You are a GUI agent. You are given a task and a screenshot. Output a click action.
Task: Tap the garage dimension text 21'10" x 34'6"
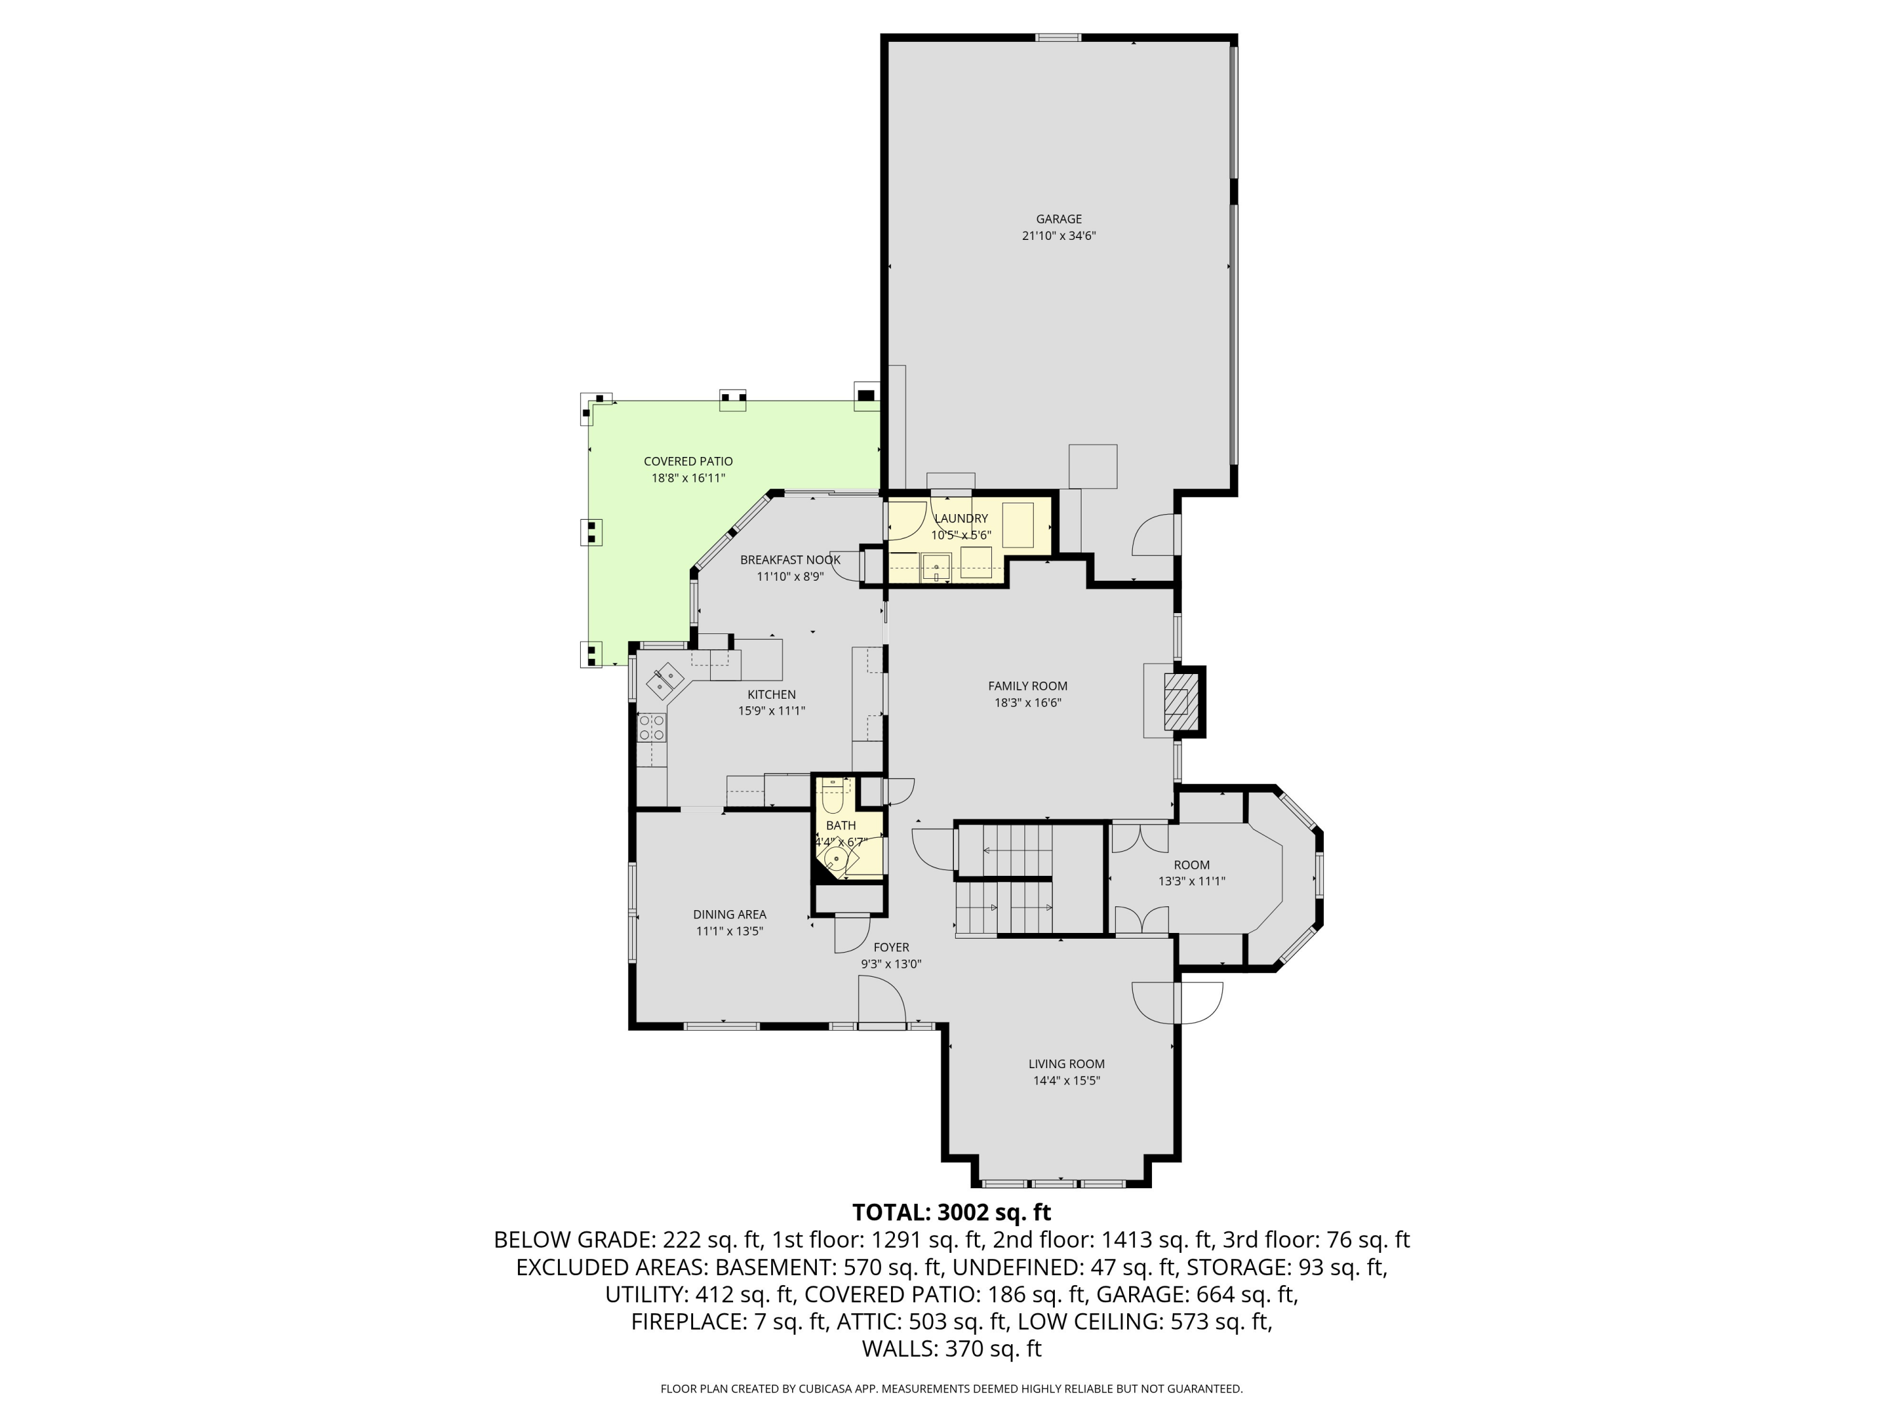point(1058,236)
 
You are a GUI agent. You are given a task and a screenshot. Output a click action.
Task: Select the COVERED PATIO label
point(688,461)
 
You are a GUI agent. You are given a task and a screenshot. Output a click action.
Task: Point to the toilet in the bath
point(831,799)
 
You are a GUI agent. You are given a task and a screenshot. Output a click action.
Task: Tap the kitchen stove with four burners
point(652,727)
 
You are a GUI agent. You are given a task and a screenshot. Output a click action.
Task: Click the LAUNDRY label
point(961,518)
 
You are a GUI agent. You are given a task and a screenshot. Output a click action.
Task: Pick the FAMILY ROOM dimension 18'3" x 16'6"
point(1027,703)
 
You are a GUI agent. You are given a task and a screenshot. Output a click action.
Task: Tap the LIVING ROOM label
point(1066,1064)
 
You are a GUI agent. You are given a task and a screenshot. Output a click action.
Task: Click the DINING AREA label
point(729,915)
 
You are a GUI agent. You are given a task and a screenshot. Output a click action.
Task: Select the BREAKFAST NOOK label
point(790,560)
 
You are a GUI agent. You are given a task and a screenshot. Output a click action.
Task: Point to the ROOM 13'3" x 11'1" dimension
point(1191,882)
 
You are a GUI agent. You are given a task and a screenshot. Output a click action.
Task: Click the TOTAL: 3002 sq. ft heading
point(951,1212)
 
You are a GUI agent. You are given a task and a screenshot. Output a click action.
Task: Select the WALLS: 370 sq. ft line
point(951,1349)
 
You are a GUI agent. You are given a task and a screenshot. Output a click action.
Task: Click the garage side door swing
point(1153,536)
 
